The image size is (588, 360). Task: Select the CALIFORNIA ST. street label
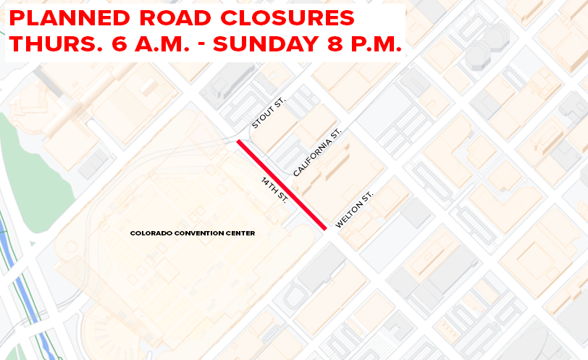point(316,153)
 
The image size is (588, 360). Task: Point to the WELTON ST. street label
point(354,210)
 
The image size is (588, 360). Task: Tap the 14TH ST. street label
point(274,189)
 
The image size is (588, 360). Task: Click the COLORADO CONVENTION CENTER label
point(193,233)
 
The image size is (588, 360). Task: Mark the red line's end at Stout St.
point(240,141)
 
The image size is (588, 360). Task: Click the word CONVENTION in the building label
point(194,233)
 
